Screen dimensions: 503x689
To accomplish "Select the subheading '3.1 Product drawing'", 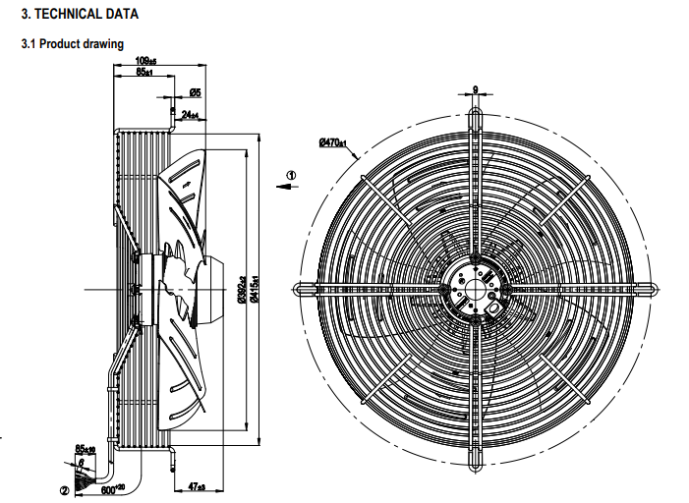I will [73, 45].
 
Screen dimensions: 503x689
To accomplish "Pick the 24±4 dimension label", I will [190, 115].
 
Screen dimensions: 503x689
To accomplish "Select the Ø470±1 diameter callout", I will [334, 142].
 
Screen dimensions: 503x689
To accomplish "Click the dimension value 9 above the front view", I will [475, 90].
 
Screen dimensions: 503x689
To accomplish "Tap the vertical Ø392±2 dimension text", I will [242, 289].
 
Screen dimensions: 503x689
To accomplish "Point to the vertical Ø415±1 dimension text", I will [256, 289].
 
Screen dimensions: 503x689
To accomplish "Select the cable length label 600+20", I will [113, 488].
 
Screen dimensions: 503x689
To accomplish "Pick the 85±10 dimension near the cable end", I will [86, 449].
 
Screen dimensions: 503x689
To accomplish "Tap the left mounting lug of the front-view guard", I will [300, 290].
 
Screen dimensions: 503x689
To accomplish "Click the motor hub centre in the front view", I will [475, 290].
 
